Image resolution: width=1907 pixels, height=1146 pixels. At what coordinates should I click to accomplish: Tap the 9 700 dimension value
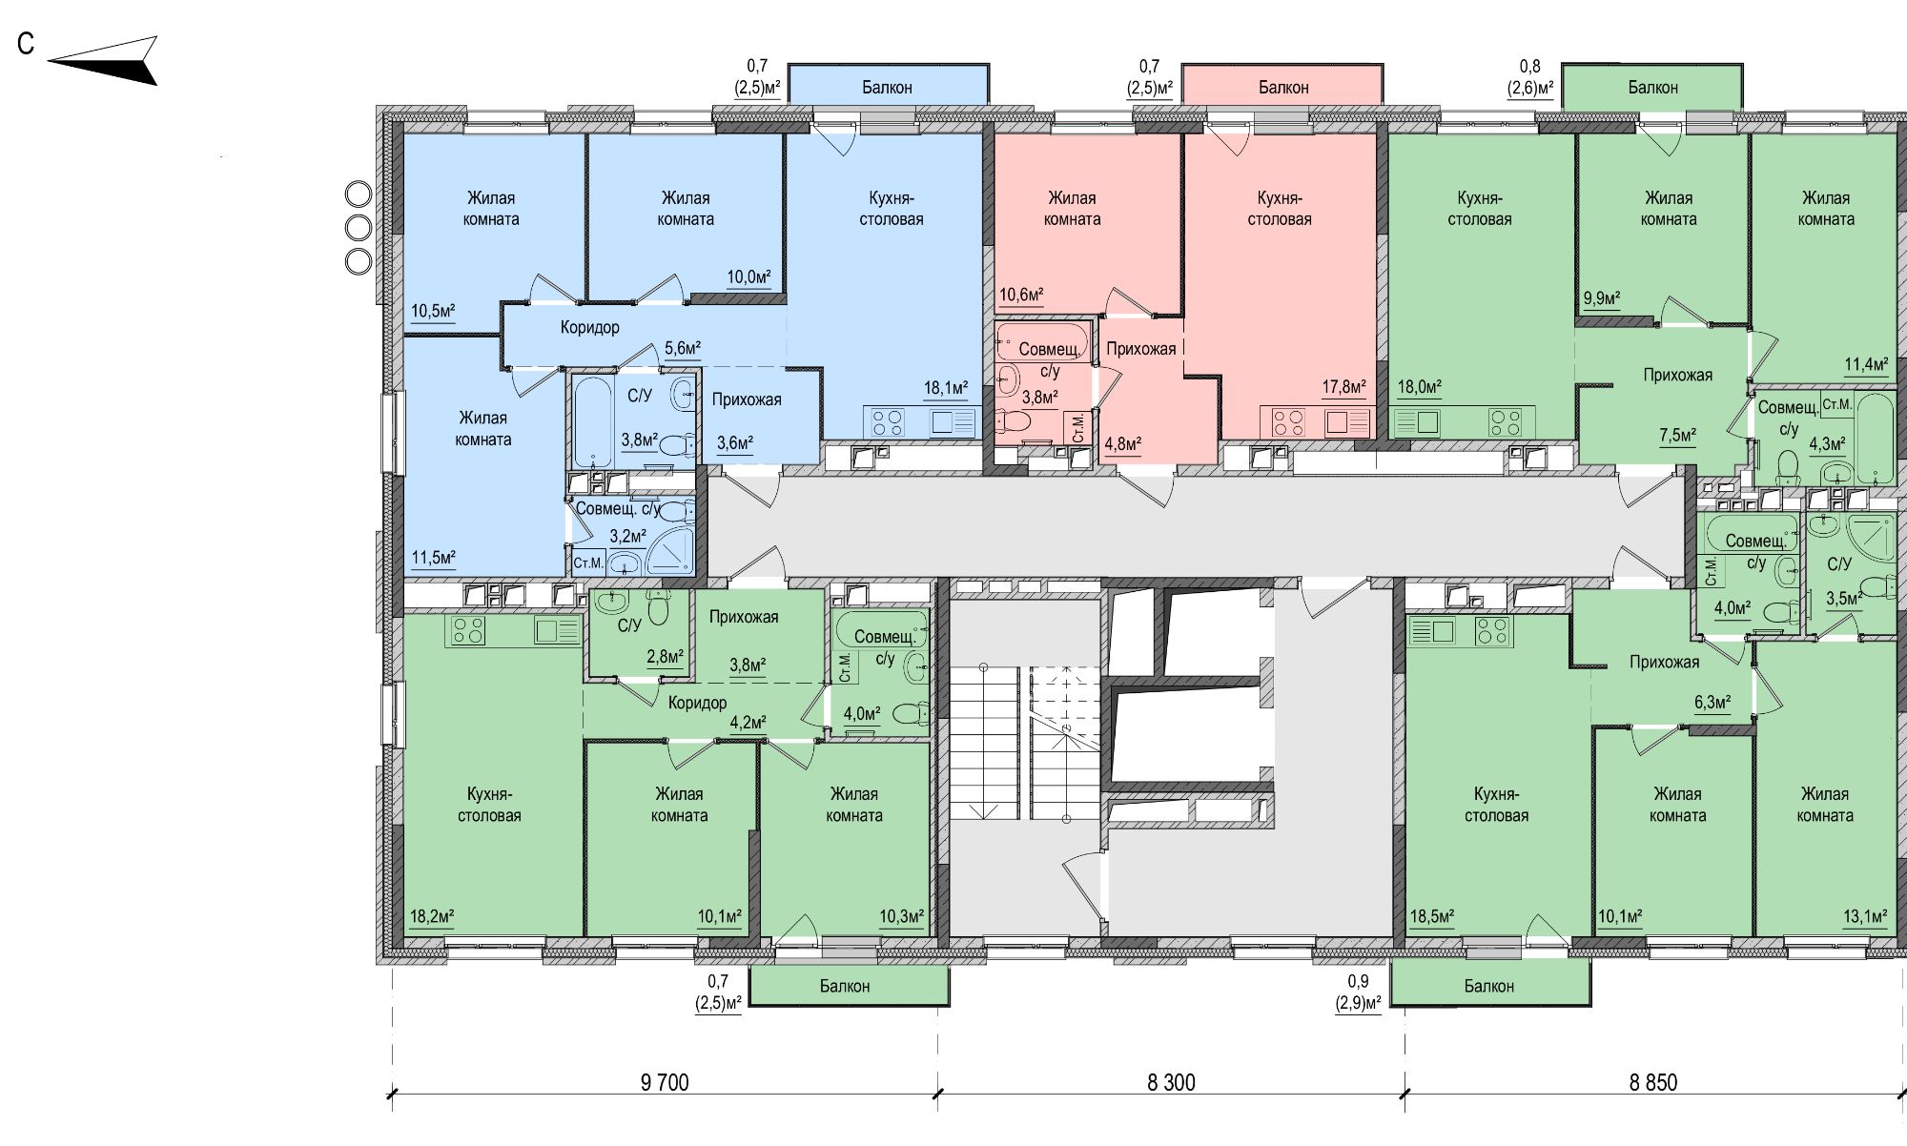[x=665, y=1082]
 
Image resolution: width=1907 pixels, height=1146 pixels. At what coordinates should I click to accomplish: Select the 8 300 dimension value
[x=1171, y=1082]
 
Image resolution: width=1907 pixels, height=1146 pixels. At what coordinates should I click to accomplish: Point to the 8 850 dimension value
[x=1653, y=1082]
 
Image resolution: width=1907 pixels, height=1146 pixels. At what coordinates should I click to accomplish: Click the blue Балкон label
[x=887, y=88]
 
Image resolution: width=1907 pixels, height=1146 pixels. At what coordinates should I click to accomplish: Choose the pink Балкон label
[x=1283, y=88]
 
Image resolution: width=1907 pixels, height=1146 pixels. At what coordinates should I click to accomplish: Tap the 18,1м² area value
[x=946, y=388]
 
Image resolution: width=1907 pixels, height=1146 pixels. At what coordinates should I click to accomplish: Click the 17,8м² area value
[x=1343, y=387]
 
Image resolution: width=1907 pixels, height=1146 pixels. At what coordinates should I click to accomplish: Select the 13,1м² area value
[x=1865, y=917]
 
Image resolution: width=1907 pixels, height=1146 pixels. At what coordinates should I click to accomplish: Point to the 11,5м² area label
[x=433, y=558]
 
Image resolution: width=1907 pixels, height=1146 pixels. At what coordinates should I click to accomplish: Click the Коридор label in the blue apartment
[x=590, y=327]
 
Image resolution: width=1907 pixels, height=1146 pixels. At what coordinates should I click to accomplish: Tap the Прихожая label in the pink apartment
[x=1141, y=349]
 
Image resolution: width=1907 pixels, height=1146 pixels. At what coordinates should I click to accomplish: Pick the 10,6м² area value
[x=1021, y=295]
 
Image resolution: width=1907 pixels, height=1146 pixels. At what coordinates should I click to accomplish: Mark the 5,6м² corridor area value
[x=683, y=349]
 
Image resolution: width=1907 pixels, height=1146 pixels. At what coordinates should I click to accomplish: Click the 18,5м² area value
[x=1432, y=917]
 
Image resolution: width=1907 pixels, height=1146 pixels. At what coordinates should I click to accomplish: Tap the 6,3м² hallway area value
[x=1712, y=703]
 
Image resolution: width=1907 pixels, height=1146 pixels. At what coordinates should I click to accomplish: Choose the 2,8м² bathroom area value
[x=666, y=657]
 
